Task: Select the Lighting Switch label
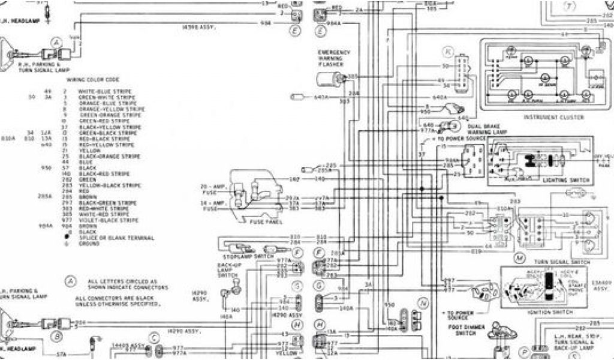point(565,180)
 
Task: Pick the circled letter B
point(58,335)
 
